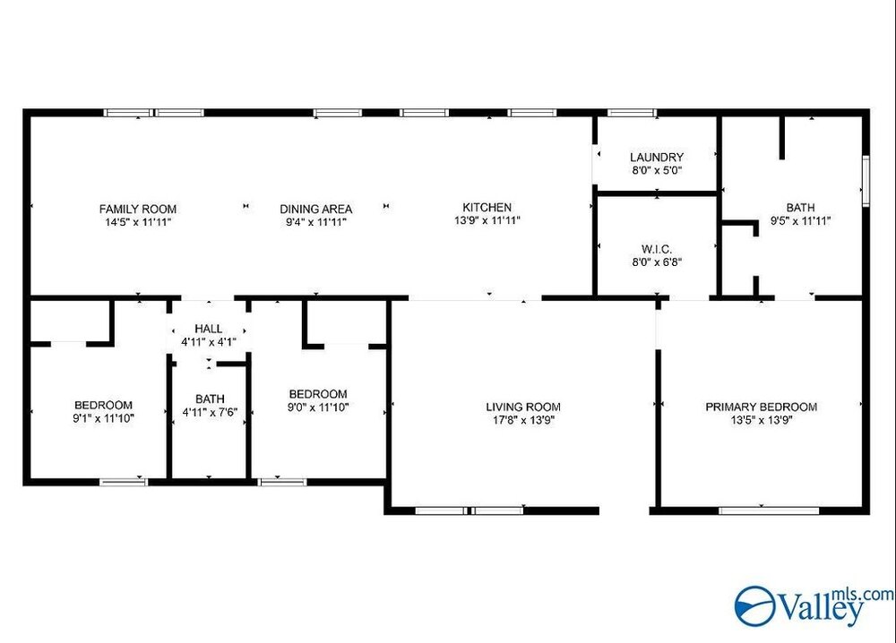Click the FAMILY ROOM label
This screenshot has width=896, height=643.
tap(138, 209)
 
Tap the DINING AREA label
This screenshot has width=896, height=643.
tap(316, 209)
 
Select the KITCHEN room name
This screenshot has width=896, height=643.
tap(487, 207)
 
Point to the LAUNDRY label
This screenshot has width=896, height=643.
tap(657, 157)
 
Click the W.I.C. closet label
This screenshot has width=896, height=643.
tap(657, 249)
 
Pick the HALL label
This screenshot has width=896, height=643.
tap(209, 329)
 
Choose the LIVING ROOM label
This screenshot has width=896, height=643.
tap(523, 407)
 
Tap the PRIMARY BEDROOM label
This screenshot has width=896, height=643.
tap(761, 407)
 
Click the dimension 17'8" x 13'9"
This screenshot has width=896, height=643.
tap(523, 420)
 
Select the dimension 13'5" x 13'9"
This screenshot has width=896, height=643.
tap(761, 420)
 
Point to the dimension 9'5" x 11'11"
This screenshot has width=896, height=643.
tap(800, 220)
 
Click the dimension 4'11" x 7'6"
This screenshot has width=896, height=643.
tap(210, 412)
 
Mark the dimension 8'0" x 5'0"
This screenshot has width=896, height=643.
tap(657, 170)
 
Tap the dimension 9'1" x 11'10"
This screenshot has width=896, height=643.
tap(103, 418)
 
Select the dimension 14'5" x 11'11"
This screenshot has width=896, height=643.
tap(138, 222)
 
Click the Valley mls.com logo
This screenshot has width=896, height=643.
tap(814, 606)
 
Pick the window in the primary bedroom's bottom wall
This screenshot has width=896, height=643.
tap(769, 510)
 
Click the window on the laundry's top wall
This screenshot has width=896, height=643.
tap(632, 113)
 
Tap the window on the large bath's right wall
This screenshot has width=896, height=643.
tap(866, 180)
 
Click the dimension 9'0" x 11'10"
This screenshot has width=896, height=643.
tap(318, 407)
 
